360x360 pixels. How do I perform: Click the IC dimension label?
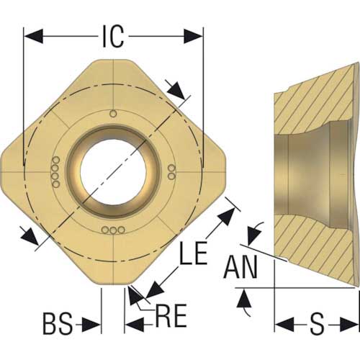pyautogui.click(x=113, y=36)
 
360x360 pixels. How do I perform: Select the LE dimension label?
pyautogui.click(x=194, y=253)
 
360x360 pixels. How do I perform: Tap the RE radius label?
pyautogui.click(x=171, y=315)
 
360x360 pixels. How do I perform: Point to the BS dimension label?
pyautogui.click(x=58, y=323)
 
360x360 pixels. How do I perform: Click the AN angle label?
pyautogui.click(x=240, y=266)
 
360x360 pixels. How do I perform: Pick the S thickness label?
pyautogui.click(x=317, y=323)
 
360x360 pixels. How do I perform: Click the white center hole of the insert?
pyautogui.click(x=113, y=172)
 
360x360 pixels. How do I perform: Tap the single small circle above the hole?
pyautogui.click(x=113, y=114)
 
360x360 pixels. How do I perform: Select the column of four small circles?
pyautogui.click(x=55, y=172)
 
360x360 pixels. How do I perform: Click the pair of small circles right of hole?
pyautogui.click(x=171, y=172)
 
